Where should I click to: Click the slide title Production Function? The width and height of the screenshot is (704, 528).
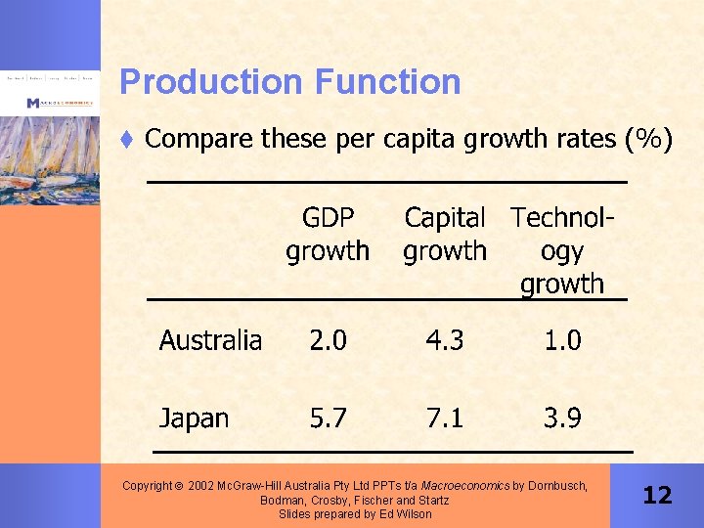pyautogui.click(x=289, y=81)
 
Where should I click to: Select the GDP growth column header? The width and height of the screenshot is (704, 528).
pyautogui.click(x=328, y=235)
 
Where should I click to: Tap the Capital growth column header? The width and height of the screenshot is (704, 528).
pyautogui.click(x=445, y=235)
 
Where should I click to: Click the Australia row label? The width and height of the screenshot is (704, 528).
pyautogui.click(x=210, y=340)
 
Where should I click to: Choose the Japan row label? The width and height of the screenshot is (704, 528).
pyautogui.click(x=194, y=418)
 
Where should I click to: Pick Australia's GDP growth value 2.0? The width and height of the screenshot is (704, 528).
pyautogui.click(x=328, y=340)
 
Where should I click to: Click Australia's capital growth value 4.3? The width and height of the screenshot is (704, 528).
pyautogui.click(x=445, y=340)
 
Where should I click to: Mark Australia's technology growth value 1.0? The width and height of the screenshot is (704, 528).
pyautogui.click(x=562, y=340)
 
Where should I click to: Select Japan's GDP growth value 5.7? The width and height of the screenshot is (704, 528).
pyautogui.click(x=328, y=418)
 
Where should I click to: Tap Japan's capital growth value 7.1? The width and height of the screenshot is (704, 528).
pyautogui.click(x=445, y=418)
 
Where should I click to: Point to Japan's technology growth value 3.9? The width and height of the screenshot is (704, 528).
pyautogui.click(x=562, y=418)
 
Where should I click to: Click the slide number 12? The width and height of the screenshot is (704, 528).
pyautogui.click(x=657, y=496)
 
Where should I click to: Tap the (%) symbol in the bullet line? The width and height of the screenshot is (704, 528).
pyautogui.click(x=647, y=140)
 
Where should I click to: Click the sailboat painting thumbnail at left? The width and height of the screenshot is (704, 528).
pyautogui.click(x=50, y=156)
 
